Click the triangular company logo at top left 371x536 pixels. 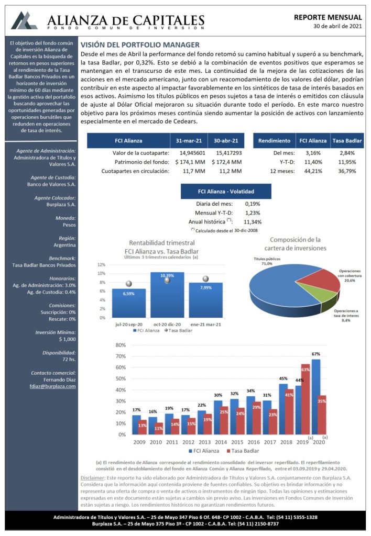24,20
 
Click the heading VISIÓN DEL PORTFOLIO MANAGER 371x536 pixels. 140,45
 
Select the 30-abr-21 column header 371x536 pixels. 226,140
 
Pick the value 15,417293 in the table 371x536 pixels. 228,153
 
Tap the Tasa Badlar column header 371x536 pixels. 347,140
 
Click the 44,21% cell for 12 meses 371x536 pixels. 313,171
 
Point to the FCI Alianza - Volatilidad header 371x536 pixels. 226,192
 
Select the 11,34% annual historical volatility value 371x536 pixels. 253,222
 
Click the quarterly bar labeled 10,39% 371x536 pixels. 167,295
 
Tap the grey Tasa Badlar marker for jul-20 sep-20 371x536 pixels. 129,284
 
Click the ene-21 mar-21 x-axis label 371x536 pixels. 206,325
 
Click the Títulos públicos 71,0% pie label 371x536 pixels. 267,261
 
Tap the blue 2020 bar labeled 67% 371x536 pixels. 316,397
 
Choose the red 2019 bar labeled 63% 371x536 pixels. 305,399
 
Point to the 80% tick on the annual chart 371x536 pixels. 121,345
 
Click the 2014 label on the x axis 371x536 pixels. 221,442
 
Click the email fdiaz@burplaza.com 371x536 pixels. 53,386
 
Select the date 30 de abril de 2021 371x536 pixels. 338,26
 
